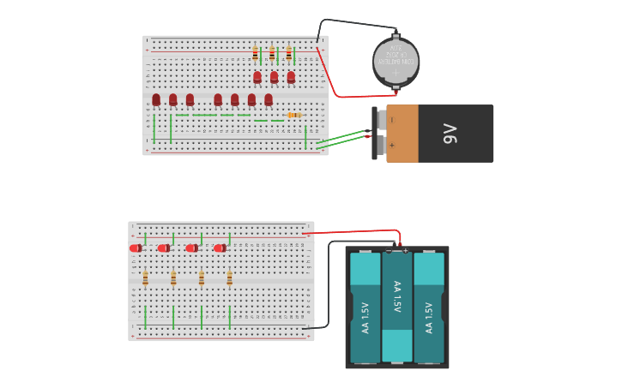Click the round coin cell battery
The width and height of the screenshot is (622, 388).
tap(396, 61)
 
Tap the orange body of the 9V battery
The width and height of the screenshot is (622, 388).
tap(402, 134)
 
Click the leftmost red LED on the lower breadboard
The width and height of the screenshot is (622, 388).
tap(136, 248)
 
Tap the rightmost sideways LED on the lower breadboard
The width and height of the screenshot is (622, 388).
tap(220, 248)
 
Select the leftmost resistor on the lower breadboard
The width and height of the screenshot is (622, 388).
tap(145, 278)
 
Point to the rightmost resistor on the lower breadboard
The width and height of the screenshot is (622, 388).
tap(229, 278)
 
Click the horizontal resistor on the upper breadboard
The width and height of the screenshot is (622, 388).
tap(293, 115)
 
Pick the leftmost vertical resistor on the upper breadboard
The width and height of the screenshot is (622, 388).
tap(255, 54)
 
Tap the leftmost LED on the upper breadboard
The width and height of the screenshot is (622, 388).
tap(156, 100)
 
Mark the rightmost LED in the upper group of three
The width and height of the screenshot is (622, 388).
tap(291, 77)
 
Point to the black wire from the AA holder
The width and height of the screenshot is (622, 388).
tap(329, 283)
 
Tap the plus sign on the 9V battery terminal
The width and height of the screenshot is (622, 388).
tap(392, 145)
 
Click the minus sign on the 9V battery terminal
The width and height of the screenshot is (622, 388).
tap(392, 121)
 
